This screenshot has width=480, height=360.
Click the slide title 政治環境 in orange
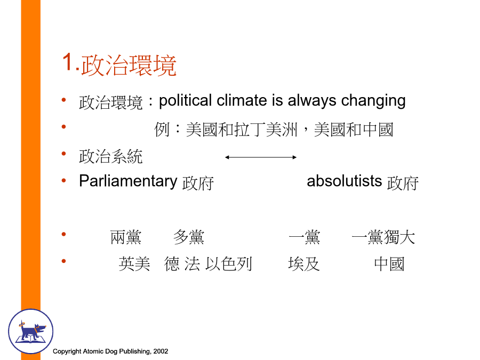(129, 65)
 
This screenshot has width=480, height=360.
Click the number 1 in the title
(68, 62)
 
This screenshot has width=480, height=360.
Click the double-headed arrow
(261, 157)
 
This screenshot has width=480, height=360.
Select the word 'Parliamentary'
(128, 181)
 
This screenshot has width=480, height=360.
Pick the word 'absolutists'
(345, 181)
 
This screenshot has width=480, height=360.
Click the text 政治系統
(111, 156)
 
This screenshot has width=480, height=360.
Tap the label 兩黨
(126, 237)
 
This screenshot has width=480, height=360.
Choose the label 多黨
(189, 237)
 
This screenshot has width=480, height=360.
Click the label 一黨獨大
(383, 237)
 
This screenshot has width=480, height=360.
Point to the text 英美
(134, 264)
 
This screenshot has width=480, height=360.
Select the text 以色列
(229, 264)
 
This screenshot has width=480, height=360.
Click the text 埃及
(304, 264)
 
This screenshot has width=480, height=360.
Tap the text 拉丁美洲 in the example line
(266, 130)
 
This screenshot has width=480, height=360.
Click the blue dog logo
(30, 331)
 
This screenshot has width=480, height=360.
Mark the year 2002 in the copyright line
(161, 351)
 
